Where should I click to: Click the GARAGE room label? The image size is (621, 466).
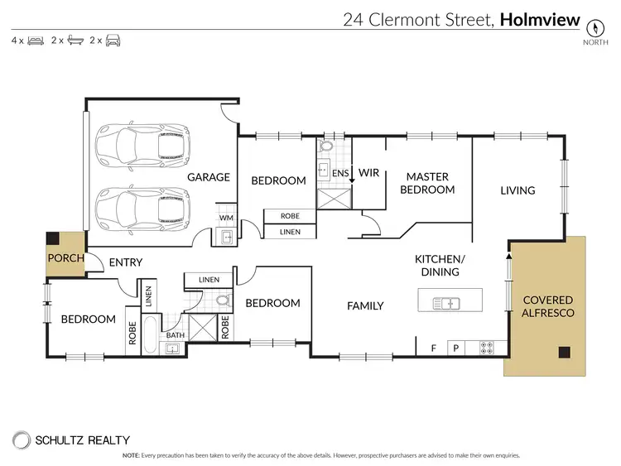pos(208,178)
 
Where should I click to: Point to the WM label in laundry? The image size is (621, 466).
pos(226,218)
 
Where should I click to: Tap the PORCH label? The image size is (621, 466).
pos(65,258)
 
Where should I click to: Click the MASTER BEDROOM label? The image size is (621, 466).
pos(427,183)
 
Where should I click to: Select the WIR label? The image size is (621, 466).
pos(368,174)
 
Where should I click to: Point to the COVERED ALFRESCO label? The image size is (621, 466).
pos(546,306)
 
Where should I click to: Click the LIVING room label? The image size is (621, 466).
pos(517,190)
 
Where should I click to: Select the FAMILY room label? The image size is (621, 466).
pos(365,306)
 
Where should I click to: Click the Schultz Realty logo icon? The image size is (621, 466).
pos(20,441)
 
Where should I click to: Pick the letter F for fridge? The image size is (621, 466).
pos(432,348)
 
